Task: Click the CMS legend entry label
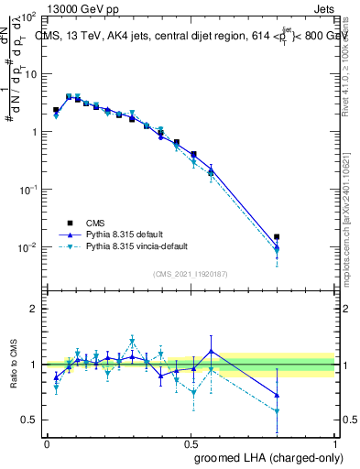pyautogui.click(x=95, y=222)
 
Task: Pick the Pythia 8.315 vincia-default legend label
pyautogui.click(x=142, y=247)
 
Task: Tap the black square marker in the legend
pyautogui.click(x=70, y=222)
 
